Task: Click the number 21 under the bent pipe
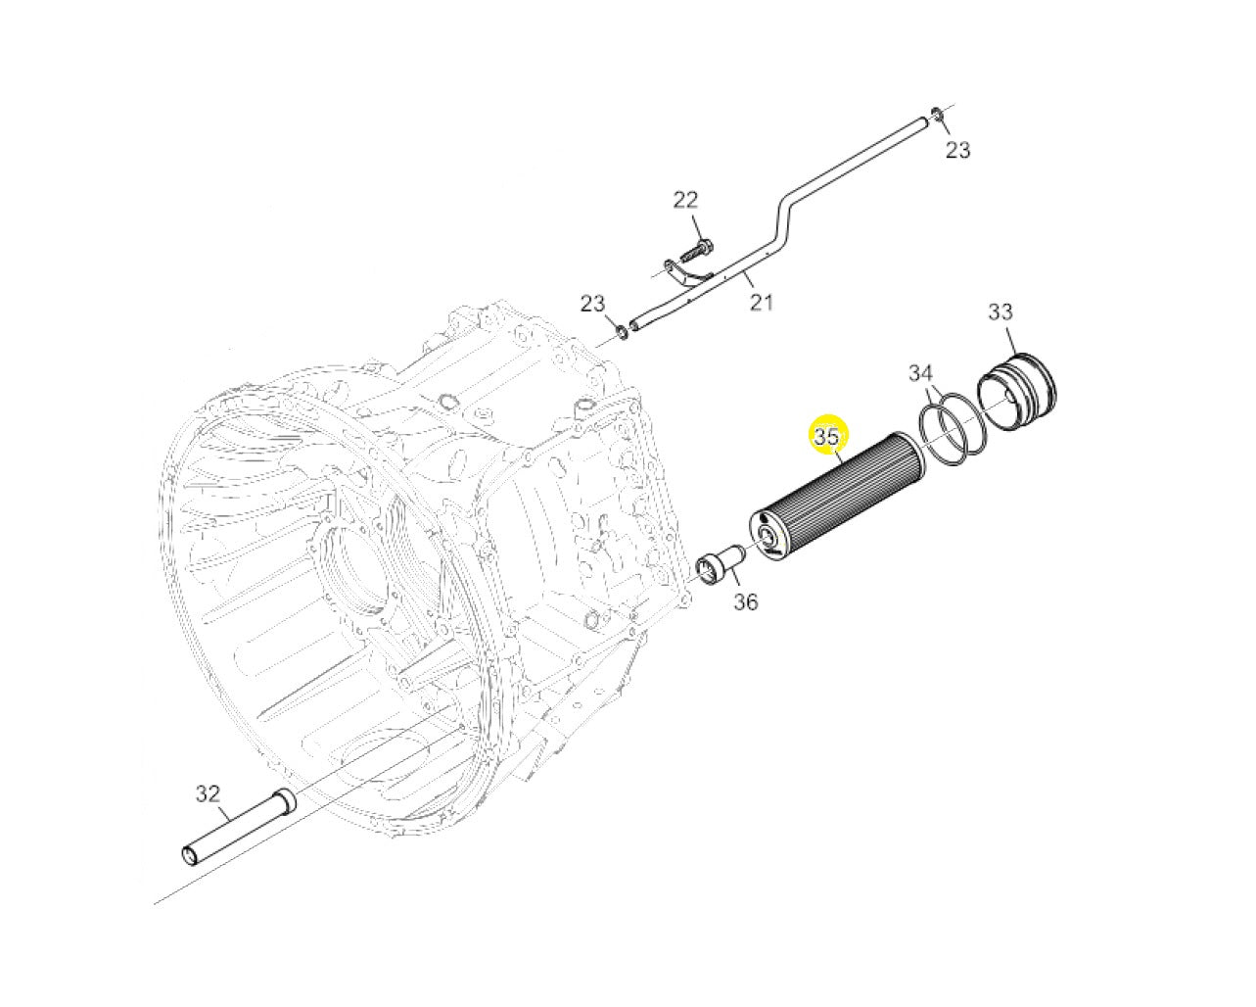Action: click(x=762, y=302)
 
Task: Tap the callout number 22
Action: click(x=685, y=200)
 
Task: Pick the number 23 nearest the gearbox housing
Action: click(x=593, y=303)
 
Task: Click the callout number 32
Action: click(x=208, y=793)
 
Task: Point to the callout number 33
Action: click(x=1000, y=312)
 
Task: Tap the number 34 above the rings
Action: click(x=920, y=373)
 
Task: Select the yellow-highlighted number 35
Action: click(x=827, y=437)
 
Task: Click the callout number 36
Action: click(x=745, y=601)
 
